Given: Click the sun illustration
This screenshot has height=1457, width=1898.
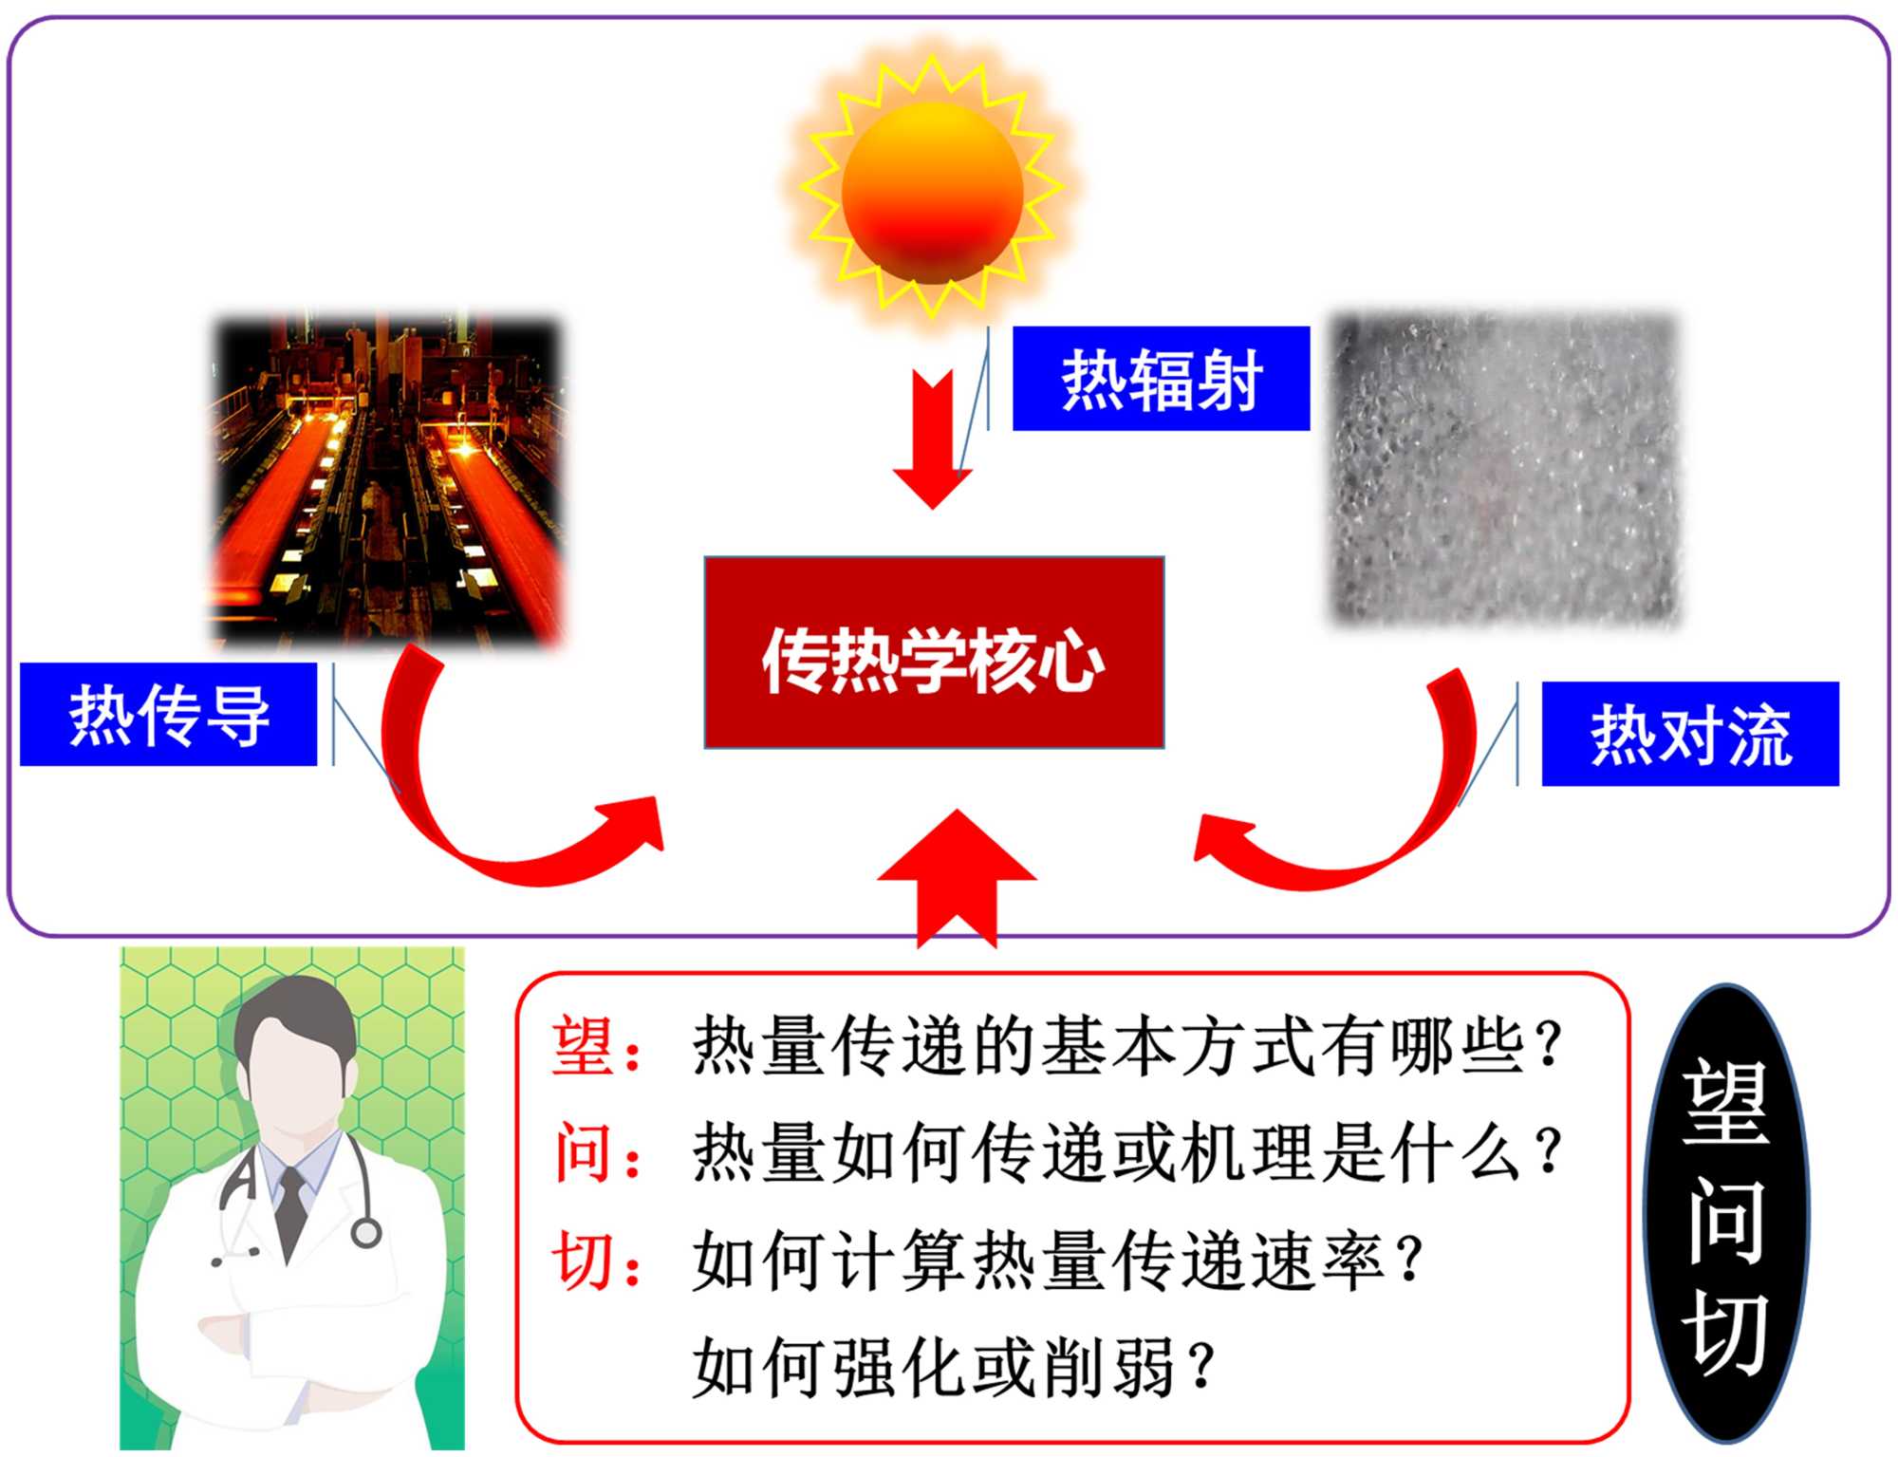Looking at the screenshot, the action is pyautogui.click(x=932, y=190).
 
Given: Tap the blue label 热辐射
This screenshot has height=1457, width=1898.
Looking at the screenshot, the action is pyautogui.click(x=1161, y=379).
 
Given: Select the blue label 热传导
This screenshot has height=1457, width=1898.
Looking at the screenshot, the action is pyautogui.click(x=168, y=715).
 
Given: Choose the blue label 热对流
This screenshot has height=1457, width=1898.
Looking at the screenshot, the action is pyautogui.click(x=1689, y=734).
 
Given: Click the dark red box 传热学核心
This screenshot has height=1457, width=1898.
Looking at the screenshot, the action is pyautogui.click(x=934, y=653).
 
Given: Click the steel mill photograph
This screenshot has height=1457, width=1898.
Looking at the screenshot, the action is pyautogui.click(x=386, y=479).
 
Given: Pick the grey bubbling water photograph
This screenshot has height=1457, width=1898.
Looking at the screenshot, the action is pyautogui.click(x=1505, y=470).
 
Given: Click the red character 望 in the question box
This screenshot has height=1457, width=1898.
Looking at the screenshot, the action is pyautogui.click(x=582, y=1045).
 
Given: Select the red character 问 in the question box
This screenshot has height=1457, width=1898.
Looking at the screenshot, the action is pyautogui.click(x=582, y=1152).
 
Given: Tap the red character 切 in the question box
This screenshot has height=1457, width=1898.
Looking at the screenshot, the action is pyautogui.click(x=582, y=1261).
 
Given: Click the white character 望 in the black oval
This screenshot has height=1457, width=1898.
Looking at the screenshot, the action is pyautogui.click(x=1725, y=1101).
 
